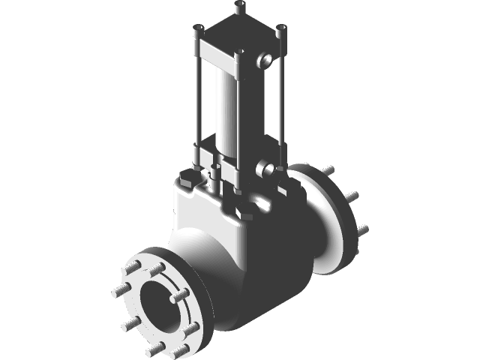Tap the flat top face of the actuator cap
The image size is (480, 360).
coord(240,34)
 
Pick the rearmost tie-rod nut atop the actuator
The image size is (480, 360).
coord(240,7)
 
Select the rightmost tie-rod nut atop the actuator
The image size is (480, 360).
coord(281,31)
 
